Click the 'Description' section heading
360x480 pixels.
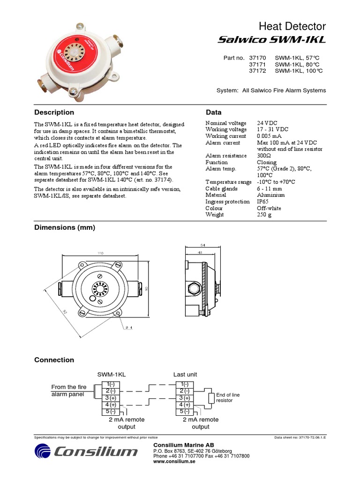(54, 112)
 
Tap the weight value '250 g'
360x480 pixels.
(264, 215)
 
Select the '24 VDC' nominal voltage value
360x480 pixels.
(267, 123)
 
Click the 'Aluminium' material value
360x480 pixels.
(270, 195)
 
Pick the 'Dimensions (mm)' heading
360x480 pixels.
(65, 228)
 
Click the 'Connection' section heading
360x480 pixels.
(54, 360)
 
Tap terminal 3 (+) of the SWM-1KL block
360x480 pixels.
(111, 397)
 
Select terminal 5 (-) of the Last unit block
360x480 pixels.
(184, 412)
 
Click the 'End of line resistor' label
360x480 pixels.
(227, 397)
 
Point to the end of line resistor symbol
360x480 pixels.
(211, 398)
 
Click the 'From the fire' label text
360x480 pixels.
(69, 387)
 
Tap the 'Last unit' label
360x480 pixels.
(185, 375)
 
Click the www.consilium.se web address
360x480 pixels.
(174, 461)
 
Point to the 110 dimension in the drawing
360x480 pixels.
(100, 253)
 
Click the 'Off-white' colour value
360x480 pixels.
(269, 208)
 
